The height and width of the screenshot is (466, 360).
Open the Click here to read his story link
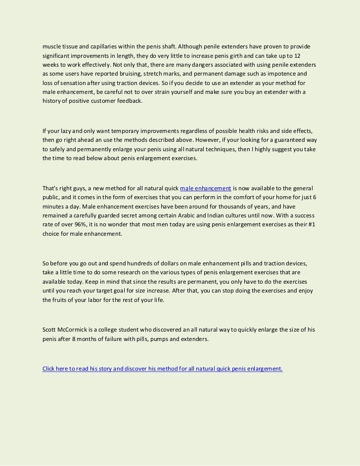point(163,368)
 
